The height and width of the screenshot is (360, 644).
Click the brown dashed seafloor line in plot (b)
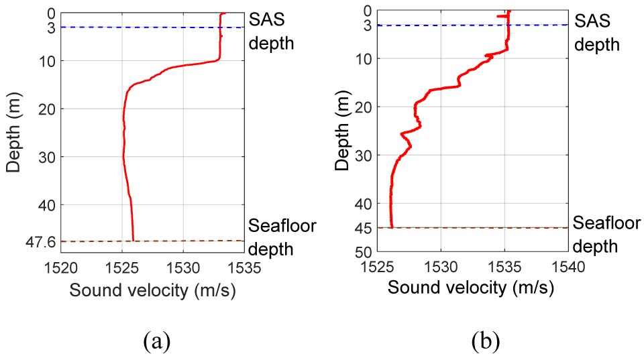470,228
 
